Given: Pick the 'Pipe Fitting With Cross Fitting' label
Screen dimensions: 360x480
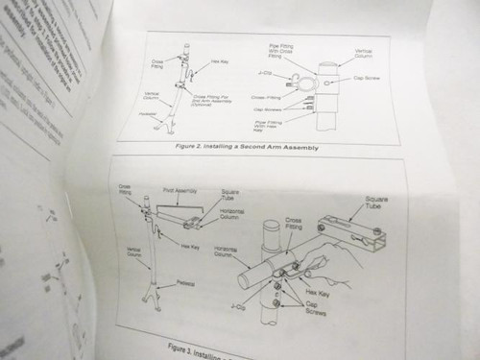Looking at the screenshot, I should [x=288, y=49].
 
